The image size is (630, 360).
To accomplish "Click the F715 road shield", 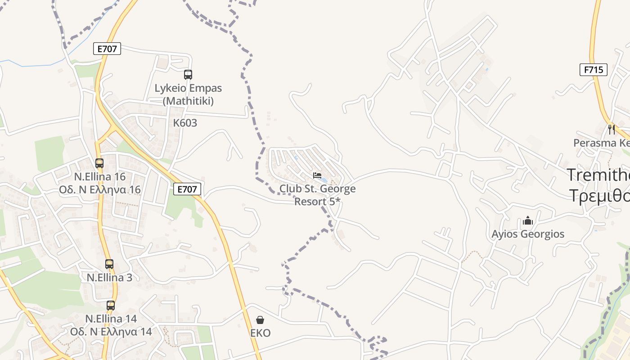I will (x=594, y=70).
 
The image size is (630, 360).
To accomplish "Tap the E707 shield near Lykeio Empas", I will (x=107, y=49).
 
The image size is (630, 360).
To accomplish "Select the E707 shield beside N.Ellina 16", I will (x=187, y=189).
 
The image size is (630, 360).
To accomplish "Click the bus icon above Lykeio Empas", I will (x=188, y=75).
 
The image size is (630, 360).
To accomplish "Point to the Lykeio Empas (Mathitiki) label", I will (x=188, y=94).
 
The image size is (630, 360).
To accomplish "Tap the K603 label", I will (x=185, y=123).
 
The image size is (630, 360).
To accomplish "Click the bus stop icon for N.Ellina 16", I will (x=99, y=163).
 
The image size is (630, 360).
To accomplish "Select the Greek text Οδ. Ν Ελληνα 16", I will (x=100, y=189).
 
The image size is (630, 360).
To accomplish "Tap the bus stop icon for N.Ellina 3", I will (x=109, y=264).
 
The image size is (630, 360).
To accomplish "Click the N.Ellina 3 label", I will (x=109, y=277).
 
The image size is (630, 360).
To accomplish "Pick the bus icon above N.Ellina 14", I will (x=111, y=306).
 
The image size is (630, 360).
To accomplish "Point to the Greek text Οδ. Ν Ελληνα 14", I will (x=111, y=332).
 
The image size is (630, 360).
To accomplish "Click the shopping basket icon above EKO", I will (x=260, y=320).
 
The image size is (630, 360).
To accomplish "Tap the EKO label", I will (x=260, y=333).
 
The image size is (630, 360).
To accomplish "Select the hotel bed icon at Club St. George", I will (x=317, y=175).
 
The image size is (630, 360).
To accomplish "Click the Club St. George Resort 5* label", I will (x=317, y=195).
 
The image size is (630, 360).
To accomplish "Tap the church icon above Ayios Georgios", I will (x=528, y=221).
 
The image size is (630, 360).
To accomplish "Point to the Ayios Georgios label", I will (x=528, y=234).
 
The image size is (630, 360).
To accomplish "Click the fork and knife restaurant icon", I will (x=611, y=130).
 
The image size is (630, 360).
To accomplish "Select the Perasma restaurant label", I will (x=601, y=143).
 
